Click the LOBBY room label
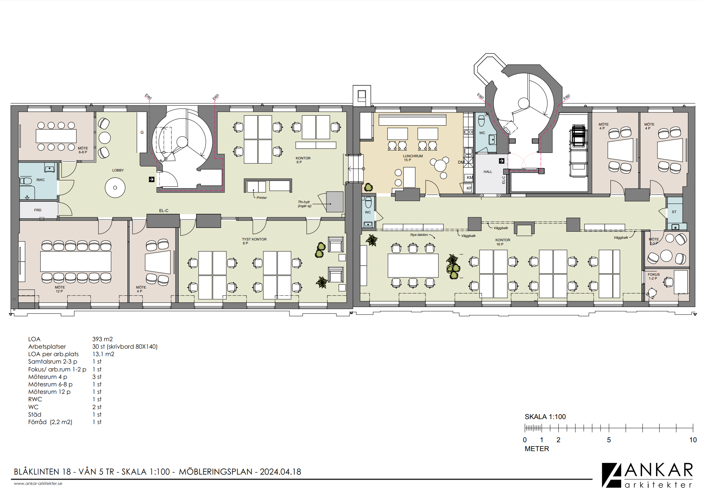tap(118, 170)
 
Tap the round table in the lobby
tap(115, 187)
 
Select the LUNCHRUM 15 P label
tap(413, 158)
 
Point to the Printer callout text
tap(262, 198)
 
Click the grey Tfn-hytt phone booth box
tap(335, 202)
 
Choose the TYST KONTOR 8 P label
tap(254, 241)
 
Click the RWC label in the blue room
tap(41, 180)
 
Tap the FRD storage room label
tap(38, 210)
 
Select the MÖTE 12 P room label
tap(60, 289)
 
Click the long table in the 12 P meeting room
tap(76, 261)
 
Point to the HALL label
tap(488, 172)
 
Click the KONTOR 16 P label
tap(503, 242)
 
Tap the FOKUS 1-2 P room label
tap(654, 276)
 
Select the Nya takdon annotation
tap(419, 235)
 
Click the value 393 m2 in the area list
tap(103, 339)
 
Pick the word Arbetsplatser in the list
tap(47, 347)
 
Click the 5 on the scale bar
tap(609, 440)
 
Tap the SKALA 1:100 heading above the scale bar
tap(545, 417)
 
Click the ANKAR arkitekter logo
tap(647, 475)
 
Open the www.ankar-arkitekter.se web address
tap(38, 483)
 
